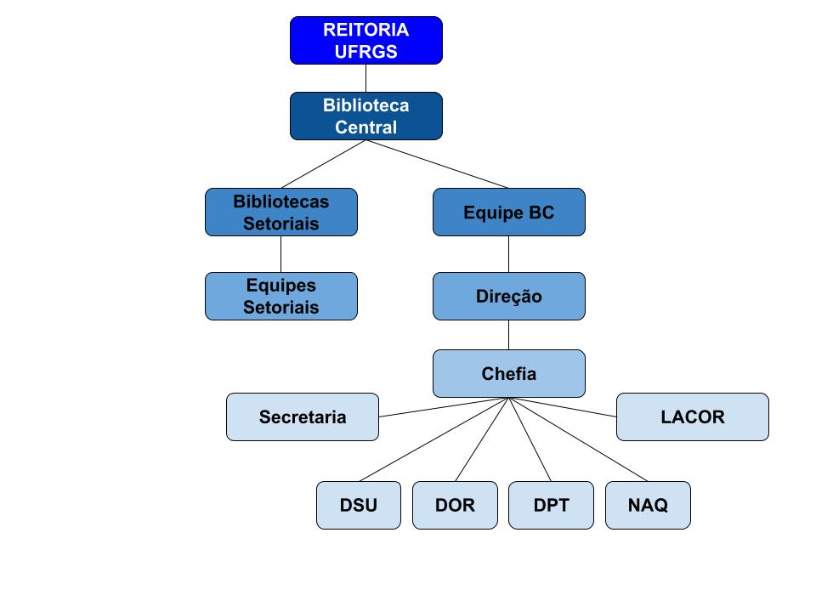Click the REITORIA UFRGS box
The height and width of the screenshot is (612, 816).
coord(365,40)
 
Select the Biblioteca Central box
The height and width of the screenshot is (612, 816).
coord(365,116)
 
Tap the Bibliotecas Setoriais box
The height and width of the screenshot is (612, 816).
coord(280,212)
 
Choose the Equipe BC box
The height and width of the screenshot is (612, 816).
coord(508,212)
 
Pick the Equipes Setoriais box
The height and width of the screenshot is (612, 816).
coord(280,296)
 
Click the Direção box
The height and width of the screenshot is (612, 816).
coord(508,296)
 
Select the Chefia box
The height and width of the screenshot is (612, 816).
coord(508,373)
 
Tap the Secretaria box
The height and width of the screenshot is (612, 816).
coord(302,416)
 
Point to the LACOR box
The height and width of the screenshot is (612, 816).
coord(692,416)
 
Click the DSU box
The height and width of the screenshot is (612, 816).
coord(358,505)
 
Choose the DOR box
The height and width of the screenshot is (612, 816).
coord(455,505)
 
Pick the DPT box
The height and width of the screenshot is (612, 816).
coord(551,505)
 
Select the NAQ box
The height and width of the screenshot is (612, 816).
coord(648,505)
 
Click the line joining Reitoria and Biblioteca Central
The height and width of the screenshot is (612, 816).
coord(365,78)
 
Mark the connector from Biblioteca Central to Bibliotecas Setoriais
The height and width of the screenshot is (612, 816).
coord(323,164)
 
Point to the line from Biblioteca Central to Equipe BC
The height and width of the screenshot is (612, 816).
coord(437,164)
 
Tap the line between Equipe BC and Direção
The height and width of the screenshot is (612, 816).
coord(508,254)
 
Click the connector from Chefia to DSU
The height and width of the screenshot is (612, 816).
coord(433,439)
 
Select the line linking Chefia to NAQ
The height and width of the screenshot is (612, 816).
coord(578,439)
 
